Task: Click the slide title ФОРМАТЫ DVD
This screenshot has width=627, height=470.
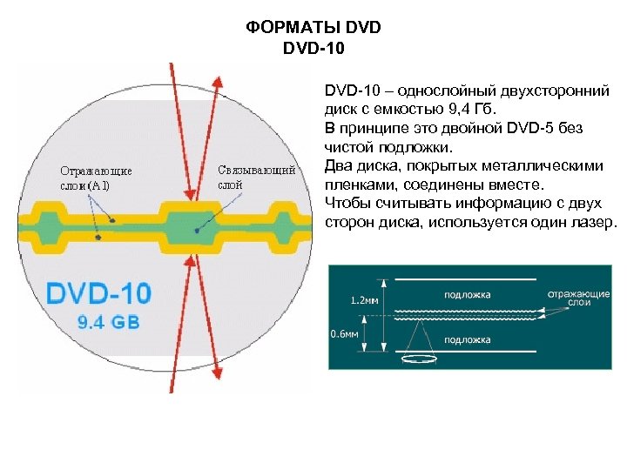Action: [x=313, y=28]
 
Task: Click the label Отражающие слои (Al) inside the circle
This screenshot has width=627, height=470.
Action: [x=96, y=178]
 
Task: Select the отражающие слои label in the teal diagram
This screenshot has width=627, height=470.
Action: [x=578, y=298]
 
